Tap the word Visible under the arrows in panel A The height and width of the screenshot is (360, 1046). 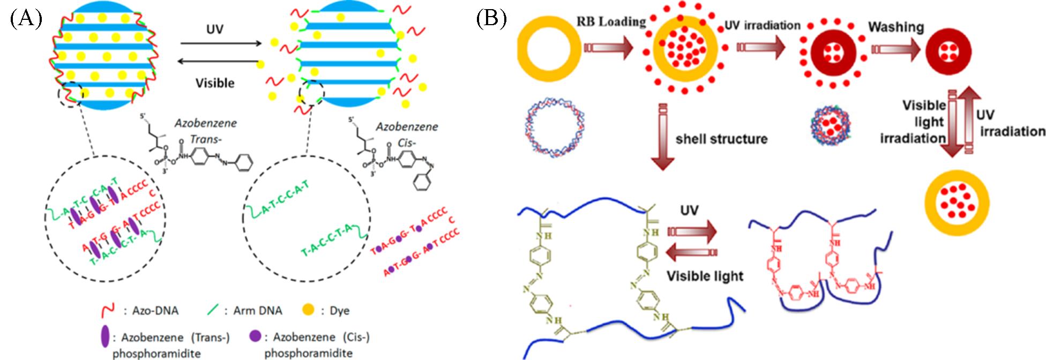pyautogui.click(x=215, y=83)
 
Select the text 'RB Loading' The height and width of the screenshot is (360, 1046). pyautogui.click(x=611, y=22)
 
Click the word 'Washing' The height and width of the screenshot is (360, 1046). pyautogui.click(x=896, y=27)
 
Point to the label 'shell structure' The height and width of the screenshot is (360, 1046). pyautogui.click(x=721, y=139)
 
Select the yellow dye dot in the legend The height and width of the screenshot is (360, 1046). pyautogui.click(x=308, y=310)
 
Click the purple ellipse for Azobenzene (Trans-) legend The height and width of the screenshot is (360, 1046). pyautogui.click(x=105, y=336)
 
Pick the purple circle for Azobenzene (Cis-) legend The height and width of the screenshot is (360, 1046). pyautogui.click(x=255, y=336)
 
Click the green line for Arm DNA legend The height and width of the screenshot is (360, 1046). pyautogui.click(x=213, y=310)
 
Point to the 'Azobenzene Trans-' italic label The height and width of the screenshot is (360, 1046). pyautogui.click(x=206, y=131)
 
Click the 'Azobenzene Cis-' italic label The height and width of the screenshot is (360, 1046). pyautogui.click(x=407, y=134)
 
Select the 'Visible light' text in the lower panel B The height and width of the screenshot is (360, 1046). pyautogui.click(x=705, y=276)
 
